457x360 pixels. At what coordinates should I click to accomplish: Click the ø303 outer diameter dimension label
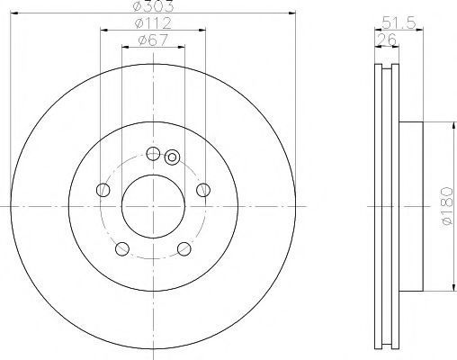point(153,6)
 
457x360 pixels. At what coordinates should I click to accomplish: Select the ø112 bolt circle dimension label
point(153,23)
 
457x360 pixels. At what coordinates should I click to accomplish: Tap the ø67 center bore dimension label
point(153,40)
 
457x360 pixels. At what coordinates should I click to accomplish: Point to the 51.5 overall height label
point(399,22)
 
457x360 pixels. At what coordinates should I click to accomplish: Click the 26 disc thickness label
point(387,40)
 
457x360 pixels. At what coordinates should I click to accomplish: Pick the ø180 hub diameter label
point(447,206)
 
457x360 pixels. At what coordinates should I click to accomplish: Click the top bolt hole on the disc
point(153,154)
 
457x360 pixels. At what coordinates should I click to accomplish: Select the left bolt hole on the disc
point(103,190)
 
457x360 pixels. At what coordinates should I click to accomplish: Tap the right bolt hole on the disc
point(203,190)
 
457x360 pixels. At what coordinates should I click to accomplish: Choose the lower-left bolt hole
point(122,249)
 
